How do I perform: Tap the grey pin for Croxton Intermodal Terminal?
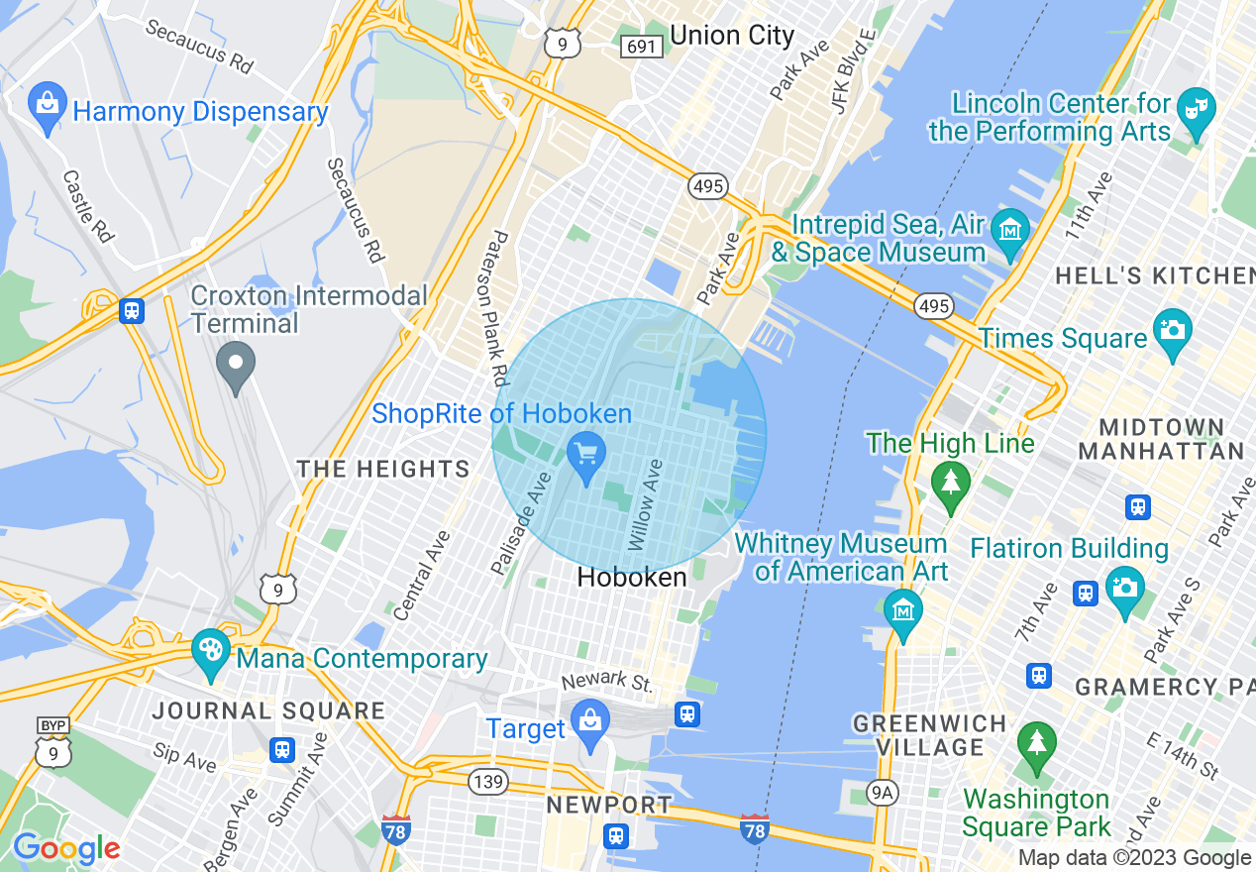coord(236,366)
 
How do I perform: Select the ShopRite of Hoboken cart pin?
coord(585,457)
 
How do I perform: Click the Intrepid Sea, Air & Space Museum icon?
coord(1009,232)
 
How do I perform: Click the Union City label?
coord(732,36)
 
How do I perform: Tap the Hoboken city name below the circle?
coord(632,577)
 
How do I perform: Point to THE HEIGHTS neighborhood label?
coord(384,469)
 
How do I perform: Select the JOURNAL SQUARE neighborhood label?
coord(268,710)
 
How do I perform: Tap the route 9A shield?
coord(881,791)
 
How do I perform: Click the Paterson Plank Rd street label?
coord(498,308)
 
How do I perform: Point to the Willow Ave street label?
coord(644,505)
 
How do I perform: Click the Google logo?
coord(65,848)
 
